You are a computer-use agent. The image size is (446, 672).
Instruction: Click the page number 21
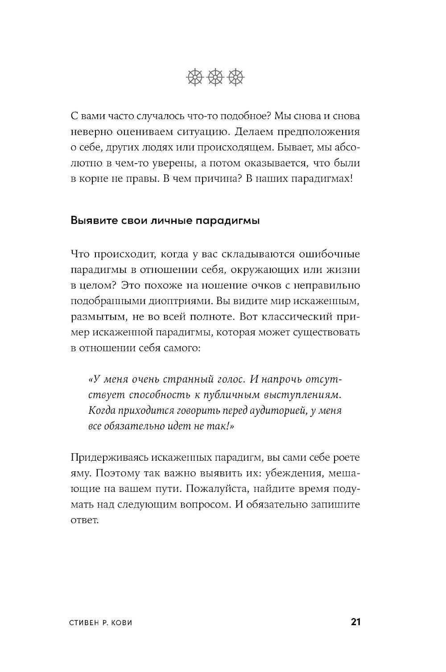click(x=355, y=622)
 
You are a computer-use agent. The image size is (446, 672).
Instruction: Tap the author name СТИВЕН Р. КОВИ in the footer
click(x=101, y=623)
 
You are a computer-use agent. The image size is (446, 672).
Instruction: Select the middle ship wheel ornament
click(x=215, y=77)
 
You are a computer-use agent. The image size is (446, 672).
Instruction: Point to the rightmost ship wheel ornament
click(x=236, y=77)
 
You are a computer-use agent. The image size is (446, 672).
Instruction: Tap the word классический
click(x=289, y=317)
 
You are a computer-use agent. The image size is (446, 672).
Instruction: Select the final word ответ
click(x=84, y=520)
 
